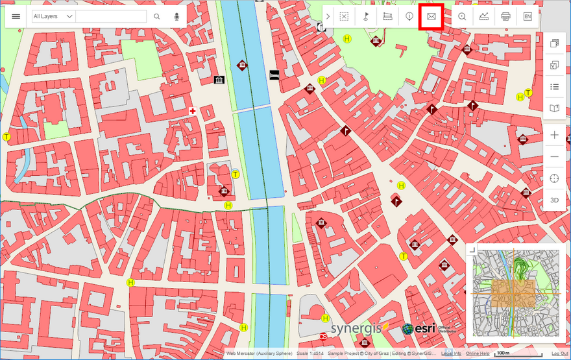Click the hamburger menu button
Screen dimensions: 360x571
tap(16, 16)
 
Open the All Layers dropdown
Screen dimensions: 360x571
tap(53, 16)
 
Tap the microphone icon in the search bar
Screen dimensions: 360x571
tap(176, 16)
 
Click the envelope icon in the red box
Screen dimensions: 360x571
tap(431, 16)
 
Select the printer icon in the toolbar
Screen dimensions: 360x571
tap(506, 16)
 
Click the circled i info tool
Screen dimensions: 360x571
tap(409, 16)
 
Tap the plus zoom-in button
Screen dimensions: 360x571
tap(554, 135)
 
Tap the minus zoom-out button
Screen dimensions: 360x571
tap(554, 156)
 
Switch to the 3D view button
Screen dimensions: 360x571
tap(554, 200)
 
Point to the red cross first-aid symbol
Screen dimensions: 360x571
tap(193, 112)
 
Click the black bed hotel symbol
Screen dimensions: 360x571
tap(274, 74)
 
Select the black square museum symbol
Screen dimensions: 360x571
tap(219, 80)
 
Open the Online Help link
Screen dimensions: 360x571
tap(477, 354)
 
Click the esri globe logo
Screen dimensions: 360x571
tap(407, 330)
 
